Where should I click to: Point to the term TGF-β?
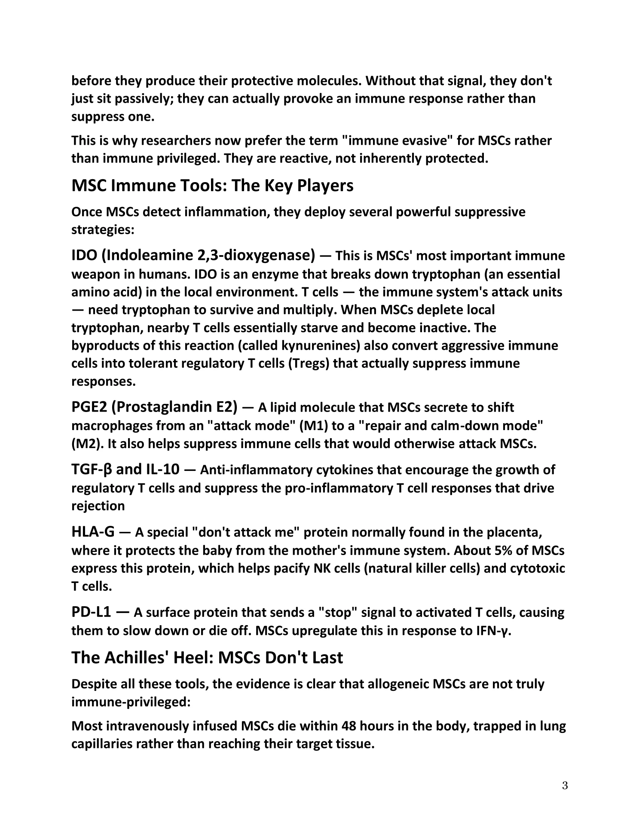[x=92, y=470]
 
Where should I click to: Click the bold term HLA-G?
[x=93, y=532]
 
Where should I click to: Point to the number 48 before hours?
[x=349, y=726]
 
